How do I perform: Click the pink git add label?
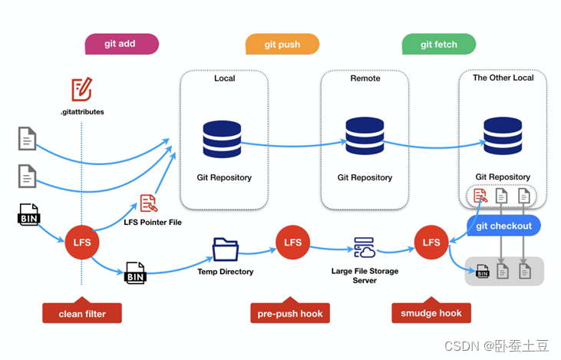pyautogui.click(x=120, y=44)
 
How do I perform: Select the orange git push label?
pyautogui.click(x=282, y=45)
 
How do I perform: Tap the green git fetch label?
pyautogui.click(x=438, y=45)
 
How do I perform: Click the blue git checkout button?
pyautogui.click(x=504, y=226)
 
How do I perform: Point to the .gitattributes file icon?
pyautogui.click(x=81, y=91)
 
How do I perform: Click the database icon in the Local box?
pyautogui.click(x=223, y=138)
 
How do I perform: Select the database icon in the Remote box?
pyautogui.click(x=365, y=136)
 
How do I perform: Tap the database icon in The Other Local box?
pyautogui.click(x=503, y=136)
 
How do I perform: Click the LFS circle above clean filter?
pyautogui.click(x=81, y=243)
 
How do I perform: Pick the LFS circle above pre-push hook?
pyautogui.click(x=293, y=243)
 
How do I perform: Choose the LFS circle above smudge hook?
pyautogui.click(x=431, y=243)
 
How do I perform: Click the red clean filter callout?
pyautogui.click(x=81, y=312)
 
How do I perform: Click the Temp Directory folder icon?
pyautogui.click(x=225, y=249)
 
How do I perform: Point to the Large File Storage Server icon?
pyautogui.click(x=364, y=248)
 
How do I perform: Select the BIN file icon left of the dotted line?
pyautogui.click(x=28, y=214)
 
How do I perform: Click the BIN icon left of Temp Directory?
pyautogui.click(x=135, y=272)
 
